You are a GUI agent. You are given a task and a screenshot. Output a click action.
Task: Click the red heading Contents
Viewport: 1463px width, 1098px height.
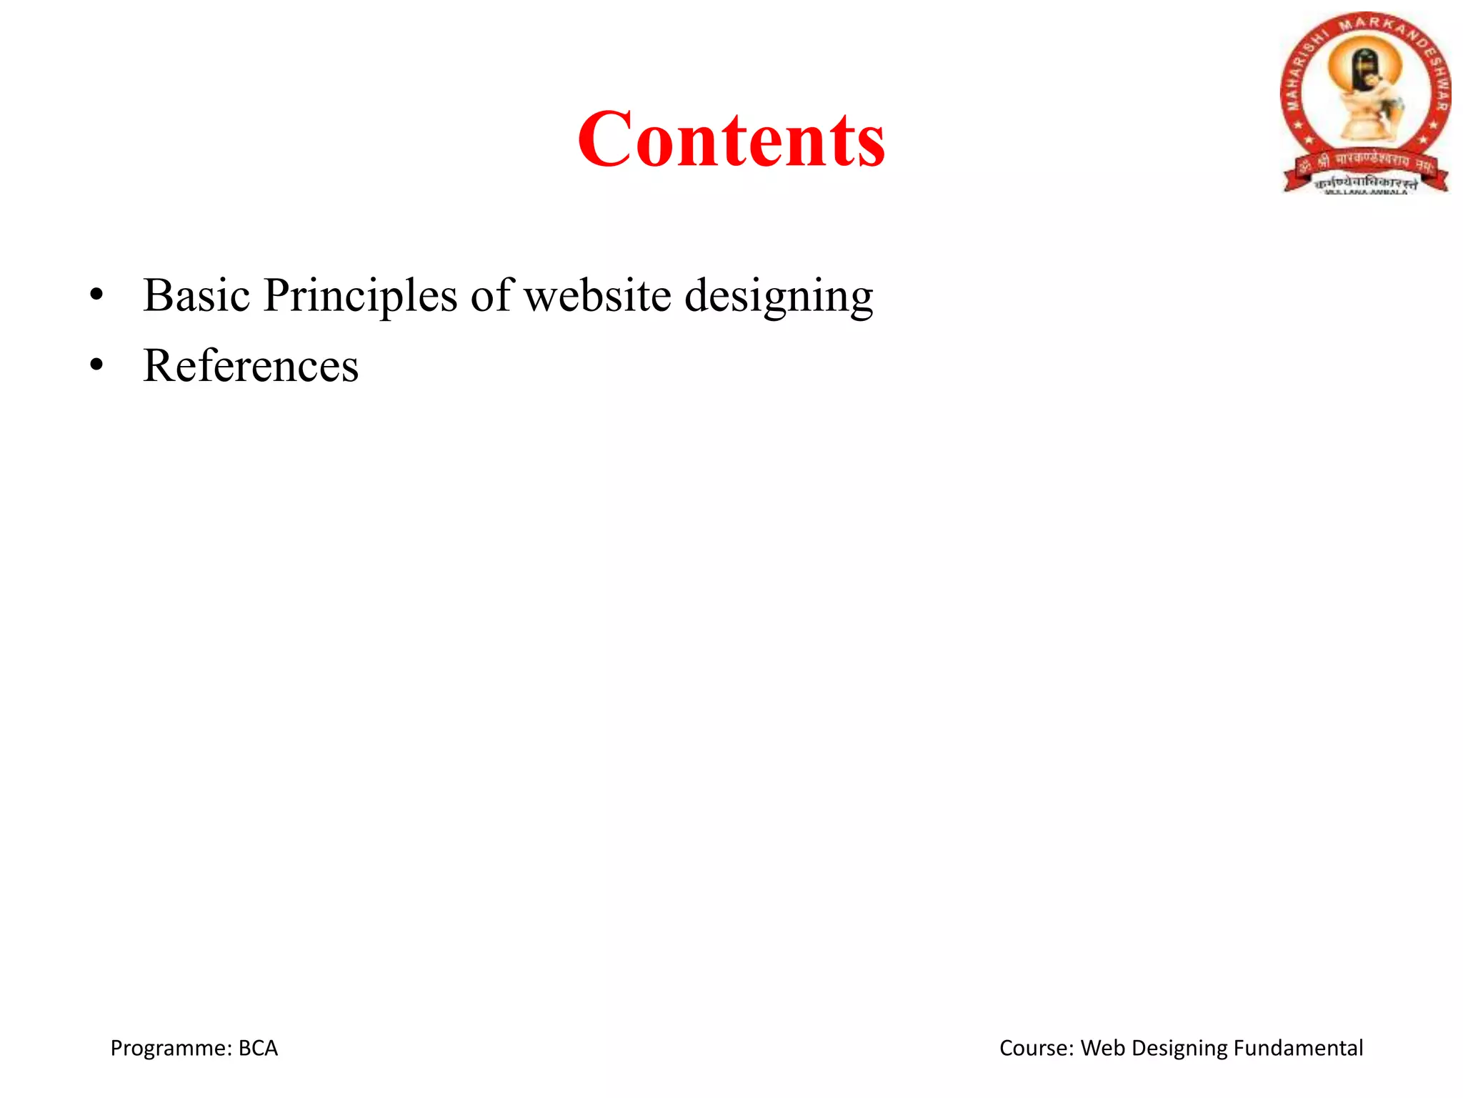(731, 139)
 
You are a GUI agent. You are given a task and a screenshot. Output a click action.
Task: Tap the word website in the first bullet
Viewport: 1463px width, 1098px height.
(598, 295)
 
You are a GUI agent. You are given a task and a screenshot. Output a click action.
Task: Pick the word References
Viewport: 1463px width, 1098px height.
(251, 366)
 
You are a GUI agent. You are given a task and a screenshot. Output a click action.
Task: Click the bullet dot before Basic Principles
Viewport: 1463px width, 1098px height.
(96, 295)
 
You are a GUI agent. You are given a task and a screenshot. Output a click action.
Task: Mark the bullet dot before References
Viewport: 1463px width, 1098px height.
(96, 366)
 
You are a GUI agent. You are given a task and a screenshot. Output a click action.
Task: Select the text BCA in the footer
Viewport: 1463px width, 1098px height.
(258, 1048)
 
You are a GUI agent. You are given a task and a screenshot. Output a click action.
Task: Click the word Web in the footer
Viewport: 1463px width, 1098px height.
(1104, 1048)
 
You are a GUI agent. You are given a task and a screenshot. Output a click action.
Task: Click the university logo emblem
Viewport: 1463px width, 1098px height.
(1365, 103)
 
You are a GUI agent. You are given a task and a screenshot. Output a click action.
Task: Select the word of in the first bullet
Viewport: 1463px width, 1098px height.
(491, 295)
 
